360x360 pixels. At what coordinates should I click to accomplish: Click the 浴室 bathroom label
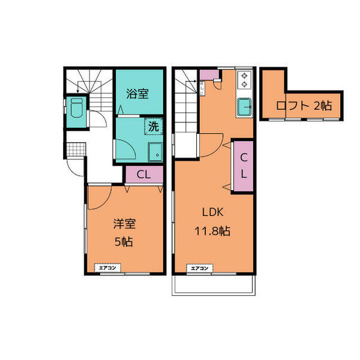point(137,94)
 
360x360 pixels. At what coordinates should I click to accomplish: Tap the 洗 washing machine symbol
point(154,127)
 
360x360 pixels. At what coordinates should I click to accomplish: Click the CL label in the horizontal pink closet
point(143,175)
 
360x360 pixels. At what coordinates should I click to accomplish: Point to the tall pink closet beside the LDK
point(243,166)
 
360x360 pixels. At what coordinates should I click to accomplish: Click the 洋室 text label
point(125,224)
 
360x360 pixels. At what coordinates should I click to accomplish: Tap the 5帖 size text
point(124,243)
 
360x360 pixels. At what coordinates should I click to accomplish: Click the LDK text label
point(212,212)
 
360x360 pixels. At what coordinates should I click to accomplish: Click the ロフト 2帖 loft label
point(304,106)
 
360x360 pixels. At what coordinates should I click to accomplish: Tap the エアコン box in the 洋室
point(108,268)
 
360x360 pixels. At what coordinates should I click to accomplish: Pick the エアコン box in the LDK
point(200,268)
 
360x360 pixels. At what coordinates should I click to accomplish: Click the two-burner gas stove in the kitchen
point(245,79)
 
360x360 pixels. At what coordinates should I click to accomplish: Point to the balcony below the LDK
point(214,286)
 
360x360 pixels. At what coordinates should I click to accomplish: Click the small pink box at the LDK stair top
point(209,74)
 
